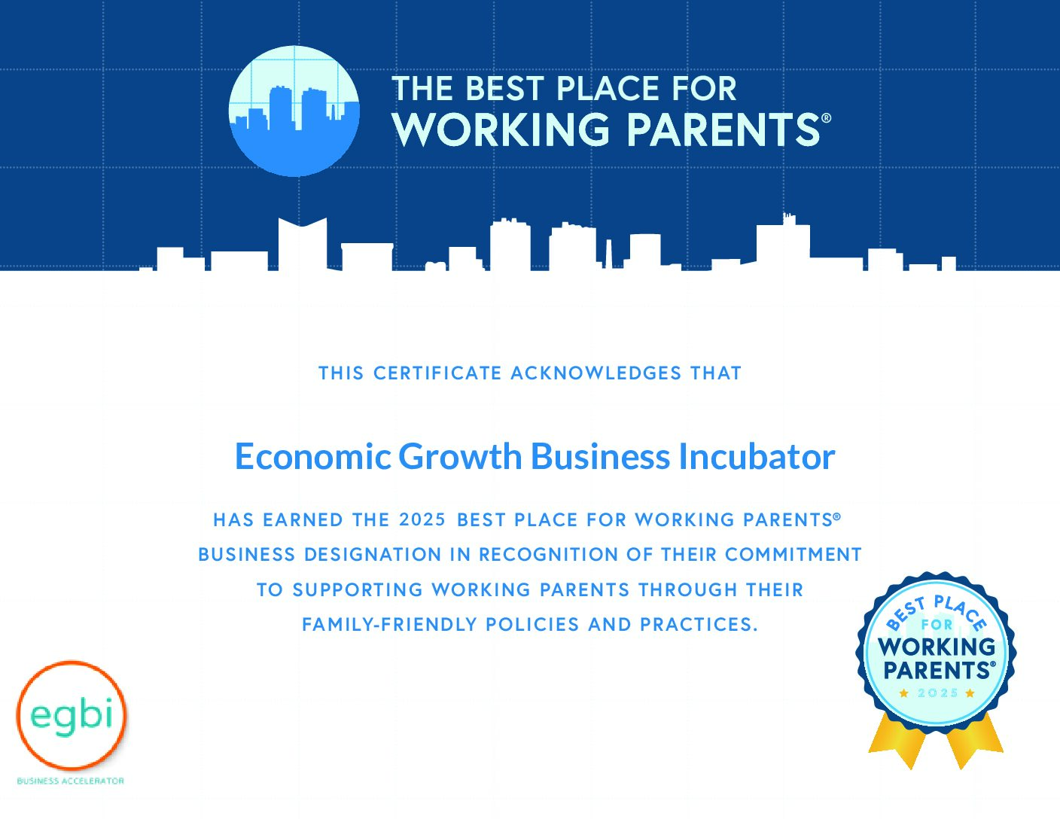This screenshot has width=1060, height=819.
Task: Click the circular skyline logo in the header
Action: click(294, 111)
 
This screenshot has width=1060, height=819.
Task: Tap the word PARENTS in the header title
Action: click(723, 129)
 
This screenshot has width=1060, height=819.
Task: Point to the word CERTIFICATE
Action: click(437, 373)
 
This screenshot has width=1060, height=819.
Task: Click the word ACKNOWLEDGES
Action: click(595, 373)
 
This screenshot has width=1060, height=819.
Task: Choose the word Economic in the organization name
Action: click(313, 457)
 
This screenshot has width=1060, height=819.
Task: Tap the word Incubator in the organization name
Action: click(757, 457)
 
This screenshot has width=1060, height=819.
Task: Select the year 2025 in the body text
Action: click(422, 519)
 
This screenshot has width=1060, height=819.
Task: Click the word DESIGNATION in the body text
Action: click(373, 555)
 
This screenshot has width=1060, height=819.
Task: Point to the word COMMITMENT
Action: click(793, 555)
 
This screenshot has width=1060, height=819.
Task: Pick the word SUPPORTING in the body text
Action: click(358, 589)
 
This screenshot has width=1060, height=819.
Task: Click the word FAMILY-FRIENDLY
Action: click(389, 624)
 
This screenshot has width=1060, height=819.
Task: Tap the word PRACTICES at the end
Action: click(699, 624)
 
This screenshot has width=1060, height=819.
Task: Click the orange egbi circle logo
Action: click(72, 715)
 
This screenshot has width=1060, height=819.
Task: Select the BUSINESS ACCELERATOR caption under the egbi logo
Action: click(71, 781)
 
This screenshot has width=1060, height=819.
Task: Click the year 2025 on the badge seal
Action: click(937, 693)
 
